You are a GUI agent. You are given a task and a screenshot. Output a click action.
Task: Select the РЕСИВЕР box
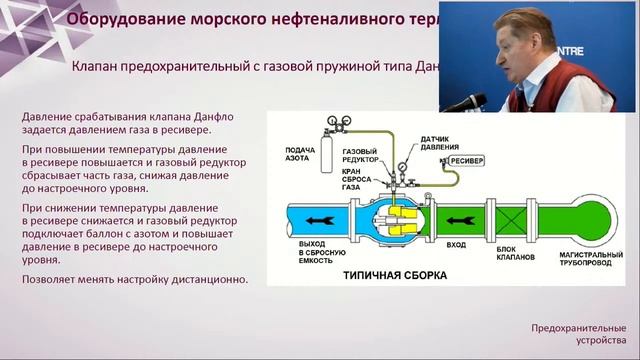point(466,160)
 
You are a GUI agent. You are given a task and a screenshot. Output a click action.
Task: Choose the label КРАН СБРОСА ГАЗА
point(358,180)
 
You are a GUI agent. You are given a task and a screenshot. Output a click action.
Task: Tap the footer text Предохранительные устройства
point(578,333)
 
